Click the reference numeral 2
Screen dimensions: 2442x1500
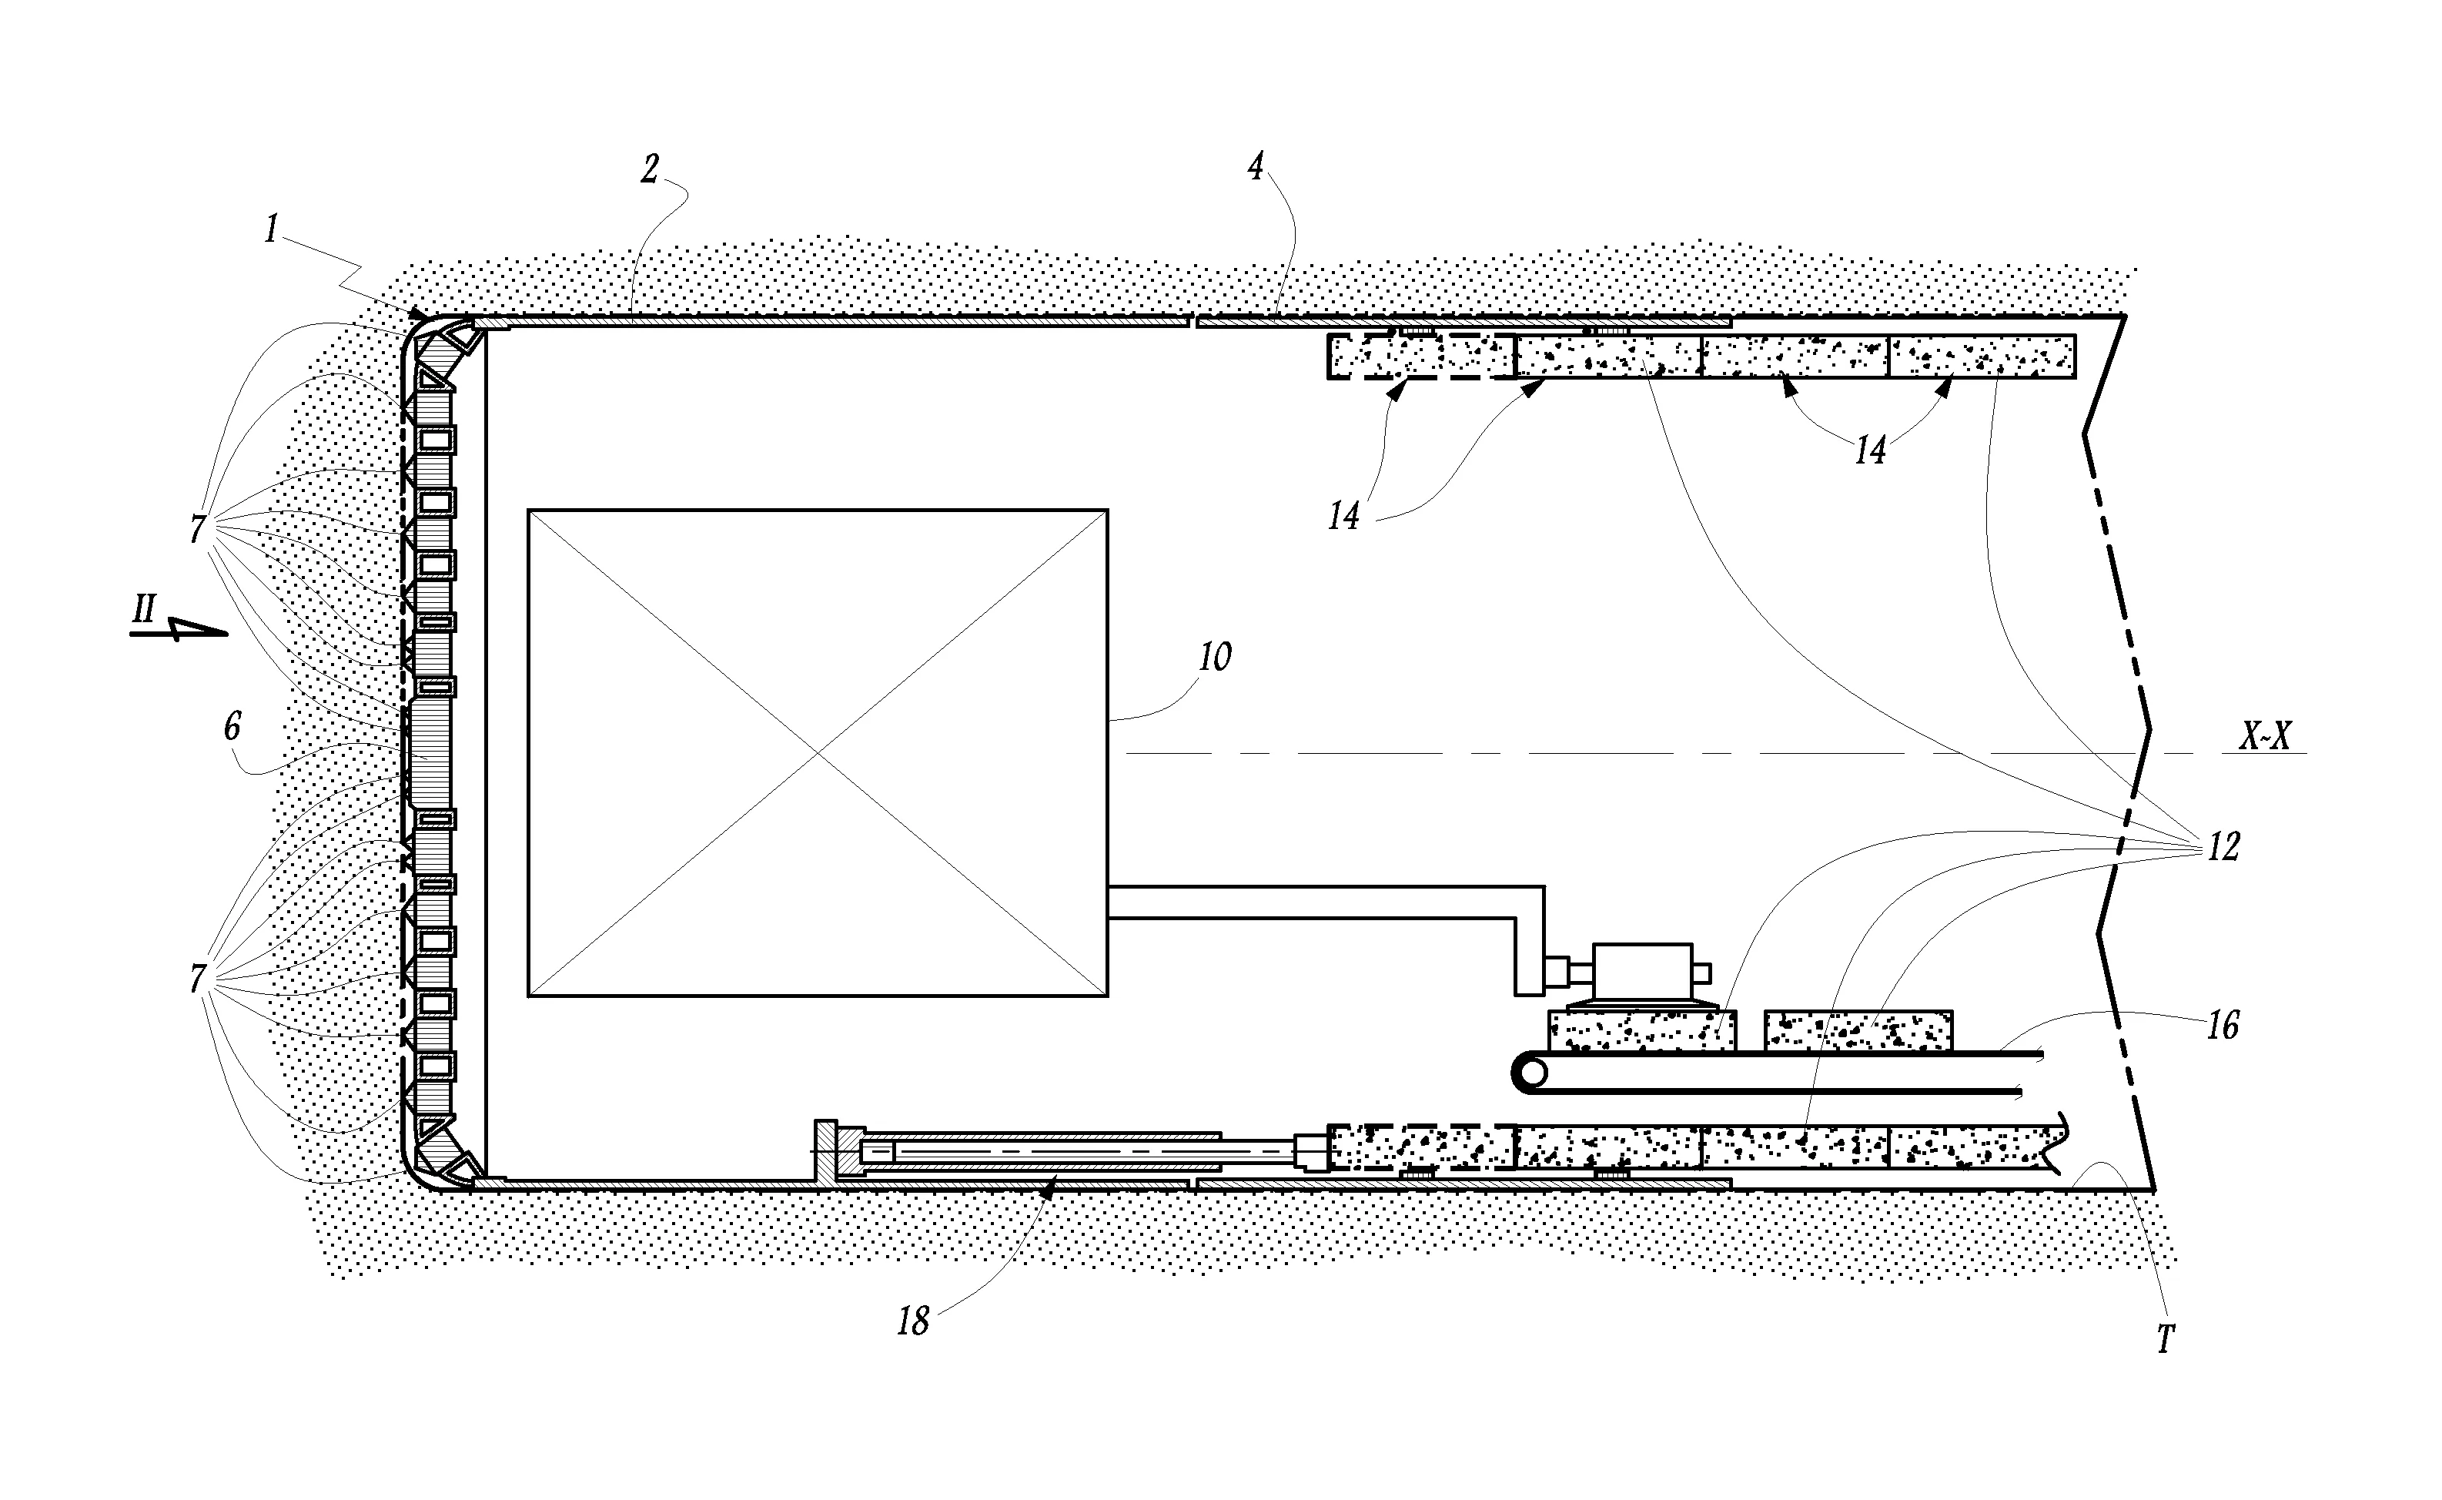(650, 169)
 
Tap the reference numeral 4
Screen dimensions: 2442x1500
(1256, 166)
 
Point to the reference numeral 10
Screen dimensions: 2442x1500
(1215, 657)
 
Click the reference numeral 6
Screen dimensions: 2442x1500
(232, 726)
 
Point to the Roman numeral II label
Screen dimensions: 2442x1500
(145, 609)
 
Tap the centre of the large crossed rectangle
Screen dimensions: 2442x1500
(818, 753)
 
